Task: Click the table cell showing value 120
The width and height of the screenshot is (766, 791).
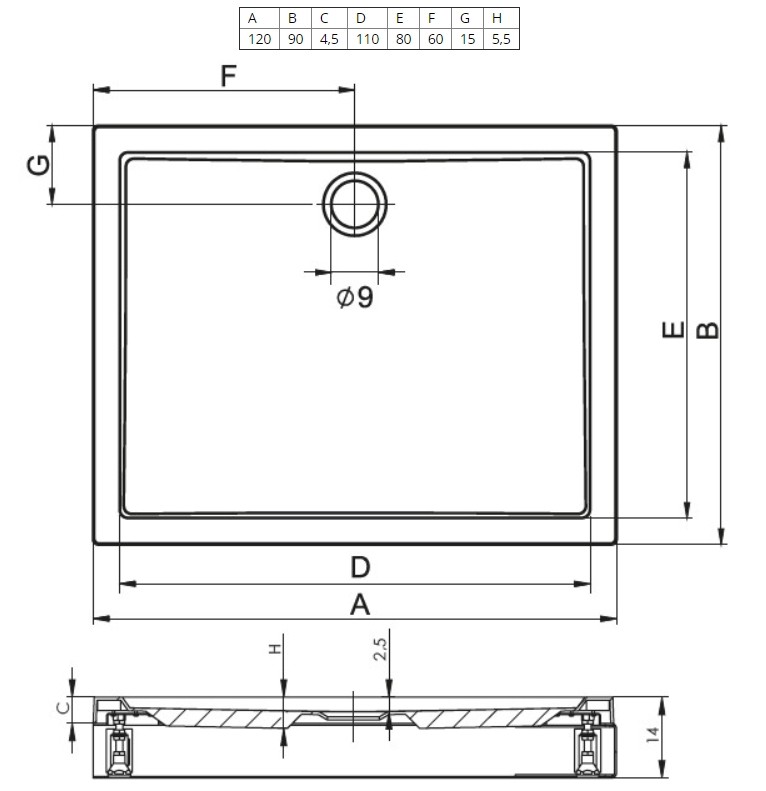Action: coord(258,39)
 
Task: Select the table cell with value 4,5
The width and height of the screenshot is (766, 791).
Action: coord(329,39)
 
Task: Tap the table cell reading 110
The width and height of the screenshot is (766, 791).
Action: coord(366,39)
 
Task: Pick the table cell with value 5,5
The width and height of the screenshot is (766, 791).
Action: coord(501,39)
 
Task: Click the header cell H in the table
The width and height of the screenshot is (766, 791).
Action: coord(501,18)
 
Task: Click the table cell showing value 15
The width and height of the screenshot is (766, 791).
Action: coord(465,39)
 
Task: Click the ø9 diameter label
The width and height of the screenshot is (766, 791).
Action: coord(355,297)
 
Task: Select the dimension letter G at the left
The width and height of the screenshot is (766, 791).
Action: coord(38,166)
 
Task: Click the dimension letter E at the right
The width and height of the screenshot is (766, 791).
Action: coord(674,330)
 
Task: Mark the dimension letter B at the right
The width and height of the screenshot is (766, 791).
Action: coord(707,330)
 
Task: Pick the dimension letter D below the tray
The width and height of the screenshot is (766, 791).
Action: coord(360,568)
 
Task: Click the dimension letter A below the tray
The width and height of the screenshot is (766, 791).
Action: coord(360,604)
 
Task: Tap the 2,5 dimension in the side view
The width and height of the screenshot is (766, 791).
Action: coord(380,651)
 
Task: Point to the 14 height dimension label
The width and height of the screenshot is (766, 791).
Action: coord(651,735)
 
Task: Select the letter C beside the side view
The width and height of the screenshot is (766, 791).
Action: coord(61,707)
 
